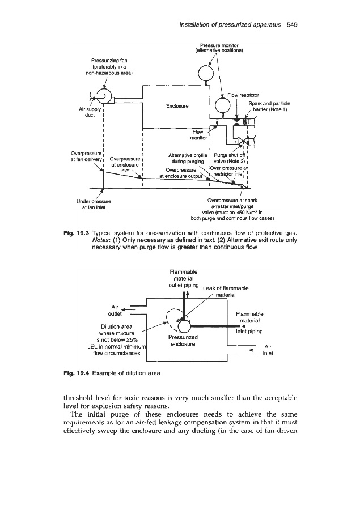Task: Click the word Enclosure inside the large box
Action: point(177,105)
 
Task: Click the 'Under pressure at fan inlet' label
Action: point(103,204)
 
